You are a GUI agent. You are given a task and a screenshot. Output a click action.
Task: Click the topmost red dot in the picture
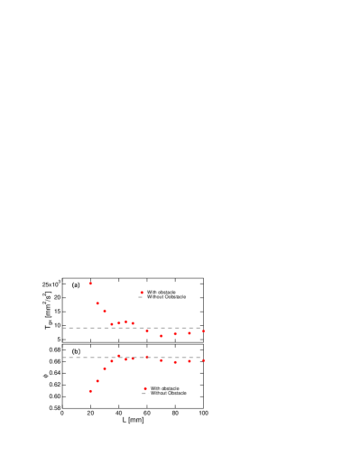pos(90,284)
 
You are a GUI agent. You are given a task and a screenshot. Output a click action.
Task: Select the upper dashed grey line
pos(131,328)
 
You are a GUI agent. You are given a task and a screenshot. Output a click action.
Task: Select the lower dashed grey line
pos(131,358)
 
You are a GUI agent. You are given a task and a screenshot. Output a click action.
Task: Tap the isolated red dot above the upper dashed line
pos(142,293)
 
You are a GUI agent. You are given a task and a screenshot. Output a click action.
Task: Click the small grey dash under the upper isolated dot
pos(140,297)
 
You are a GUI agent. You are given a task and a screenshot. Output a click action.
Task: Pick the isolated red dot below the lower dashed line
pos(145,388)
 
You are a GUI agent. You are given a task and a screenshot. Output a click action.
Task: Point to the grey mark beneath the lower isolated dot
pos(145,394)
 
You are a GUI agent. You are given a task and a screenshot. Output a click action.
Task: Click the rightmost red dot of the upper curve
pos(203,331)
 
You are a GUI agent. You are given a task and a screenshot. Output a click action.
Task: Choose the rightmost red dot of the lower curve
pos(203,360)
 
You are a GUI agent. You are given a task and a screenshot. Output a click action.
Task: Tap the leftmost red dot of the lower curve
pos(90,391)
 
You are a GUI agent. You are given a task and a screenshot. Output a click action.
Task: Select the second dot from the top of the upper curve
pos(97,303)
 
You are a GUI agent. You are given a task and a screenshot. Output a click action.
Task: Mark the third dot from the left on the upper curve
pos(105,311)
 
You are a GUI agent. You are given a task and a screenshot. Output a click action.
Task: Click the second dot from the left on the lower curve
pos(97,381)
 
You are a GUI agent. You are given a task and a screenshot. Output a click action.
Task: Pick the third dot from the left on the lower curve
pos(105,368)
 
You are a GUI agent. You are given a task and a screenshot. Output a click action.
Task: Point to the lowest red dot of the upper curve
pos(162,336)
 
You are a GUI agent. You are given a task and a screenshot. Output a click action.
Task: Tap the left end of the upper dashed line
pos(63,328)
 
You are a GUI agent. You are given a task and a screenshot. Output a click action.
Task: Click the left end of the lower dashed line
pos(63,358)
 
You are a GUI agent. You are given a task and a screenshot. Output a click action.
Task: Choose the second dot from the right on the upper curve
pos(189,333)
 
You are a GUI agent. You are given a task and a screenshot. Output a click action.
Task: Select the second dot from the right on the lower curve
pos(189,361)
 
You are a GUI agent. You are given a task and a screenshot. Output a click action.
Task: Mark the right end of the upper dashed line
pos(199,328)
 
